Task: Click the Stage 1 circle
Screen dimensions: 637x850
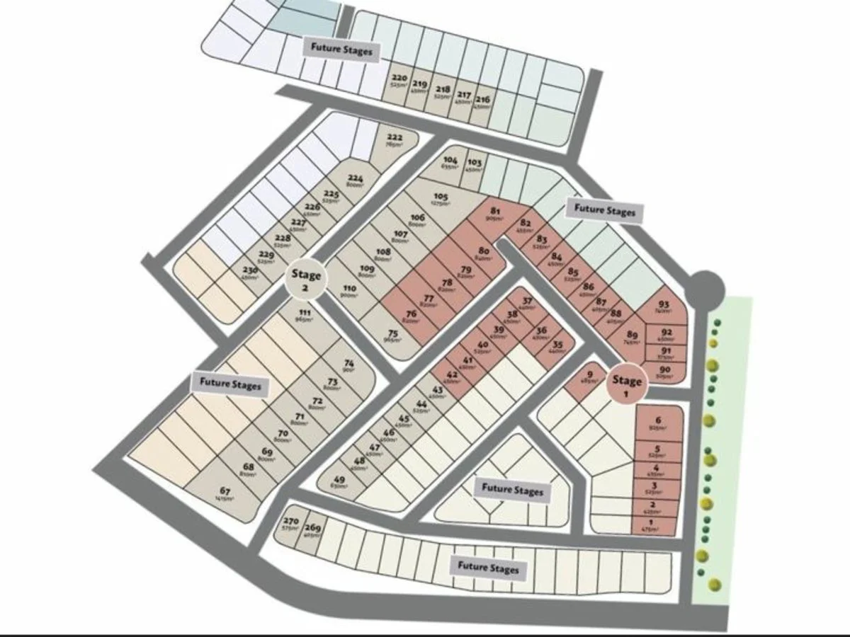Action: [628, 385]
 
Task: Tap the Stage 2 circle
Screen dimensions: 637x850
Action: [306, 280]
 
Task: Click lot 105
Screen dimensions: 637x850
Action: [441, 200]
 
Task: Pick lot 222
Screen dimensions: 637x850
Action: [395, 140]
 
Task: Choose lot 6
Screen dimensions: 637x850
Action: [658, 423]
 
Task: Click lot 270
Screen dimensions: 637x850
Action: [290, 524]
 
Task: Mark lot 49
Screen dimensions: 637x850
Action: [339, 483]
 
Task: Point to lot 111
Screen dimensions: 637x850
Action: [305, 317]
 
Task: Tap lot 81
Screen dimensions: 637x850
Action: [495, 214]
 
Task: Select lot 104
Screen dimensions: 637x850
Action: [450, 163]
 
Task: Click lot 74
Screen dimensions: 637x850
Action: [348, 367]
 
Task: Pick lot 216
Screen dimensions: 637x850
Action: [482, 103]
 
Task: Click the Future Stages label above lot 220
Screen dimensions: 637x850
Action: [341, 49]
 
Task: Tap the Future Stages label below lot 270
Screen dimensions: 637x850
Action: [488, 568]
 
